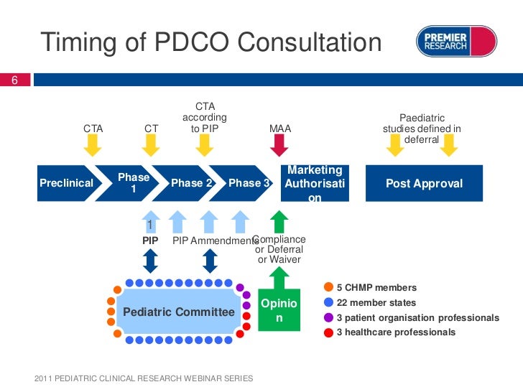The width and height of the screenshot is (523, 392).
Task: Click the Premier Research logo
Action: (456, 41)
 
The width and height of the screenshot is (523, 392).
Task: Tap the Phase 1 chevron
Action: (134, 183)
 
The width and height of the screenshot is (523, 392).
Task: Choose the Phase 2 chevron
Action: (190, 183)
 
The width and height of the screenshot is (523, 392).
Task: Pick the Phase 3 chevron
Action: (246, 183)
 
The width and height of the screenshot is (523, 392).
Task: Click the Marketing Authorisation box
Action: (315, 183)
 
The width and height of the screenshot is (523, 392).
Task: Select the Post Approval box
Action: (424, 183)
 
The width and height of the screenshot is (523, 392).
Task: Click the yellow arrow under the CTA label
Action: (93, 146)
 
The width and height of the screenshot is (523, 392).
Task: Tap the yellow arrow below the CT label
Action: (151, 146)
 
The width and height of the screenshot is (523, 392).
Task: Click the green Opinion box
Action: (279, 311)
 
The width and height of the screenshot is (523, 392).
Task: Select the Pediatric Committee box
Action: (179, 312)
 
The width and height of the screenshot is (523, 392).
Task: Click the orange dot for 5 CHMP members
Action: (328, 288)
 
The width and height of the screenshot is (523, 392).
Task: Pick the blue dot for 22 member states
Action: (328, 302)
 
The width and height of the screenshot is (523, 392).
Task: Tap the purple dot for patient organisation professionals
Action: (328, 317)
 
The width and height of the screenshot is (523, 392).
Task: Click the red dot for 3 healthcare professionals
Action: (328, 332)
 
